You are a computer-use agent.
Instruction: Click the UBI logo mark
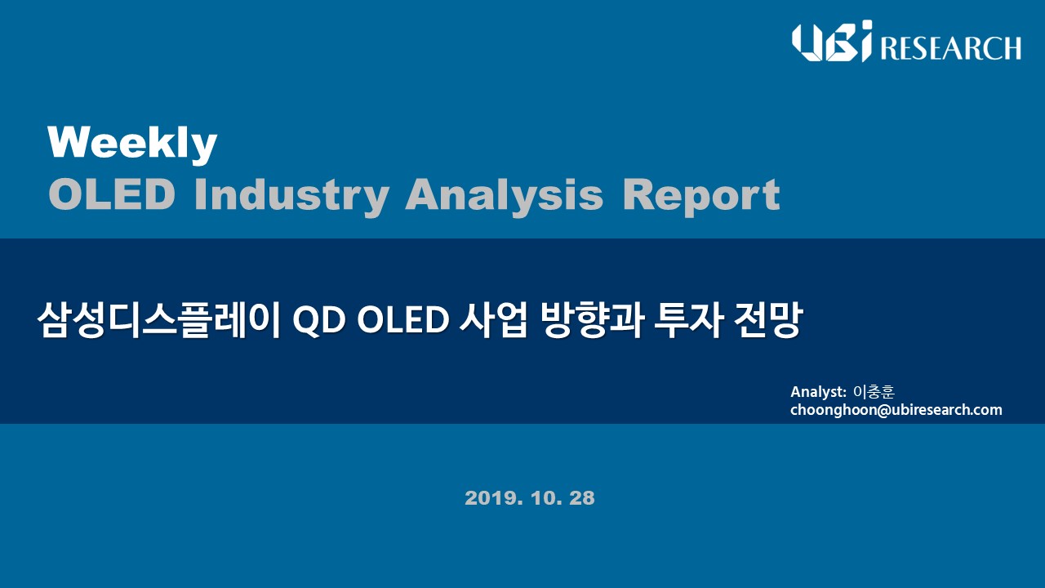coord(832,41)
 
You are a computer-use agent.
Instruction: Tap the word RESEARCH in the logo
coord(950,47)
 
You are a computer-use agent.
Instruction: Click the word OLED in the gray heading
coord(112,195)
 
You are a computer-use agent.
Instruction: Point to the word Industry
coord(291,196)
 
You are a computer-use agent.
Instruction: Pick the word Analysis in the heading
coord(505,196)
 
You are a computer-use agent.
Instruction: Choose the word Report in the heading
coord(701,197)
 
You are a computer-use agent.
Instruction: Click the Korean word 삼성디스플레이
coord(158,320)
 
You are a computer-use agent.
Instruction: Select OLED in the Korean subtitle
coord(402,320)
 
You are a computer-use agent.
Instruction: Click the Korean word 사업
coord(493,320)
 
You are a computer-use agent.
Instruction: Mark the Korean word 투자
coord(688,320)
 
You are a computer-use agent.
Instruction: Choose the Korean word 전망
coord(768,320)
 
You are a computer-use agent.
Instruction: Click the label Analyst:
coord(818,392)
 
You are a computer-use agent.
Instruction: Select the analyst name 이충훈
coord(874,391)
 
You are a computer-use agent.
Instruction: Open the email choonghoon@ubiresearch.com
coord(896,410)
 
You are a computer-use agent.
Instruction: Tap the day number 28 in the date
coord(582,498)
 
